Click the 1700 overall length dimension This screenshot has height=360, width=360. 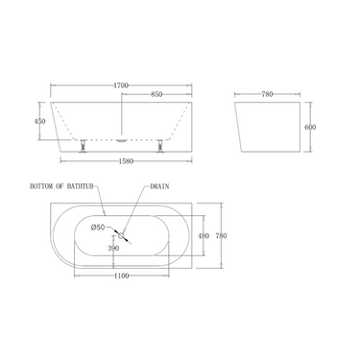click(x=120, y=85)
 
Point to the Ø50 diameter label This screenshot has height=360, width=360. click(x=99, y=227)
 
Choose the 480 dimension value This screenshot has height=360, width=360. click(x=203, y=234)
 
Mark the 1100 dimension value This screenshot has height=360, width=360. click(x=120, y=276)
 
